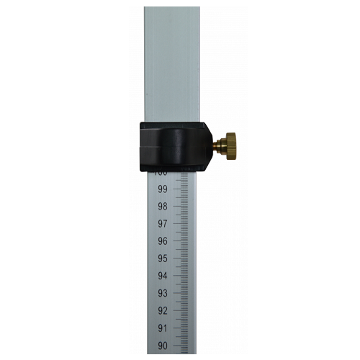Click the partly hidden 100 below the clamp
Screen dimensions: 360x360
point(161,174)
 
